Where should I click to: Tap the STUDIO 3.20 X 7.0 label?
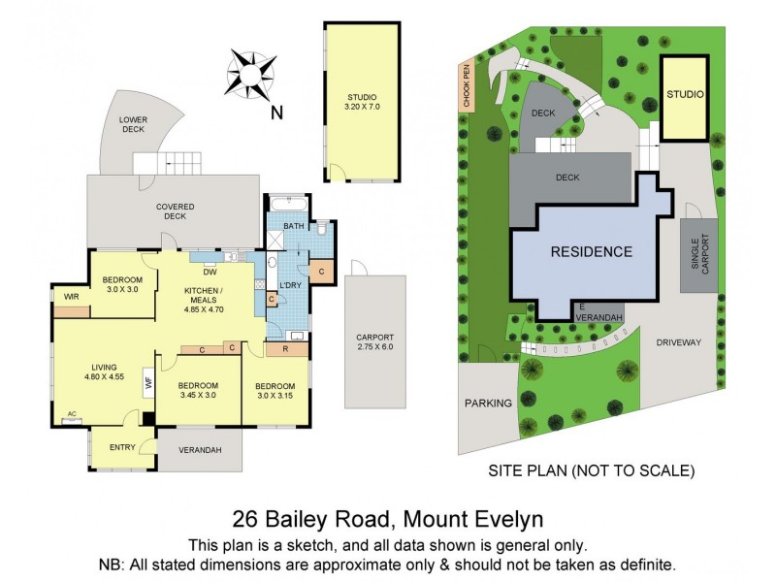362,102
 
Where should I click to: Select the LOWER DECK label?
133,124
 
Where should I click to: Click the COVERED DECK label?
176,210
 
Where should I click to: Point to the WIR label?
71,296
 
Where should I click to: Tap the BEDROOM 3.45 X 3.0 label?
199,389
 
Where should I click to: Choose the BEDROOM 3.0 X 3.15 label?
275,389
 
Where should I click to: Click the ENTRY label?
122,447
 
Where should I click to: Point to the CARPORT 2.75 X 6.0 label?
374,342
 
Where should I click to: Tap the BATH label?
293,227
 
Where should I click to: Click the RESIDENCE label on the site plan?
592,252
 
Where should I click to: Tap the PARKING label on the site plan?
487,403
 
